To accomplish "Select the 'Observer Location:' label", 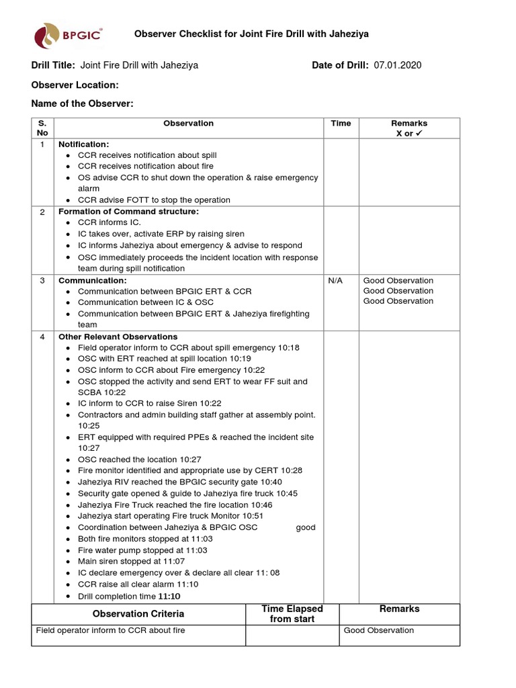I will tap(75, 85).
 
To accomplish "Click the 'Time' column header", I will tap(341, 124).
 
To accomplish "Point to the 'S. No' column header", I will tap(42, 128).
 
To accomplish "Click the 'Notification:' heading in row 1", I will tap(84, 144).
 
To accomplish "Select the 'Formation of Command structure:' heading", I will tap(129, 212).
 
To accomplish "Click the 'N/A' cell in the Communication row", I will tap(335, 281).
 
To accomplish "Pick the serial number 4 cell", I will tap(42, 337).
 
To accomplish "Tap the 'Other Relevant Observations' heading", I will tap(118, 337).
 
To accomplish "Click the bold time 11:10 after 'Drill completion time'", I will tap(169, 597).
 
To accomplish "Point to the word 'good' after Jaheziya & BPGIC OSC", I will tap(306, 527).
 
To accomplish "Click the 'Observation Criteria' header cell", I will tap(138, 613).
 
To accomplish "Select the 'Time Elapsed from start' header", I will tap(292, 613).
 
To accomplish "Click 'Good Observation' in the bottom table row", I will tap(379, 630).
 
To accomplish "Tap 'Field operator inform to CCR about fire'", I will tap(110, 630).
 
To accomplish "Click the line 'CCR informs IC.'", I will tap(110, 222).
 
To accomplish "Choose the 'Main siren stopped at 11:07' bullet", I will tap(131, 561).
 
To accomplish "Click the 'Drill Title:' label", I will tap(54, 65).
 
